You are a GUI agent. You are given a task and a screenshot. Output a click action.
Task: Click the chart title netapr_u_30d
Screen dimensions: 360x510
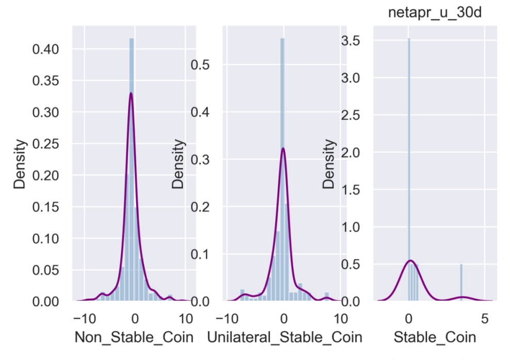[435, 12]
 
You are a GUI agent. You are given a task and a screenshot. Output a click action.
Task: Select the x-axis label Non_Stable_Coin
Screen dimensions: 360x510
[134, 338]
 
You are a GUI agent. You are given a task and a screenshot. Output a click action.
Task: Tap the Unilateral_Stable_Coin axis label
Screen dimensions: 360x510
[284, 338]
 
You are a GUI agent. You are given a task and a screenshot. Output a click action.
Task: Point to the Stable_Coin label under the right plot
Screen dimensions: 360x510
[435, 338]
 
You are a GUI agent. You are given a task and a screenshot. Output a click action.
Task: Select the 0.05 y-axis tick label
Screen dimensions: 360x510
[45, 270]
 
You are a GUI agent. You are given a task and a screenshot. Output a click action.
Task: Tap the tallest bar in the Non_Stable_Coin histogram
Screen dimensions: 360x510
[132, 170]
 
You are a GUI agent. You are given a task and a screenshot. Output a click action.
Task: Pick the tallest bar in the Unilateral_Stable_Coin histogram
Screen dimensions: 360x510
[282, 170]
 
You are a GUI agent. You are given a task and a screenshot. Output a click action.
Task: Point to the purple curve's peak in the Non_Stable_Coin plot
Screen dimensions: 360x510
[131, 93]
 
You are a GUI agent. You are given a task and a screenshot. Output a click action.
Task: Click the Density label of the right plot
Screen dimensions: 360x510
[329, 163]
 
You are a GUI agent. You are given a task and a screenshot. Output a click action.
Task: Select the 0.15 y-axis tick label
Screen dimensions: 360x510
[45, 207]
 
